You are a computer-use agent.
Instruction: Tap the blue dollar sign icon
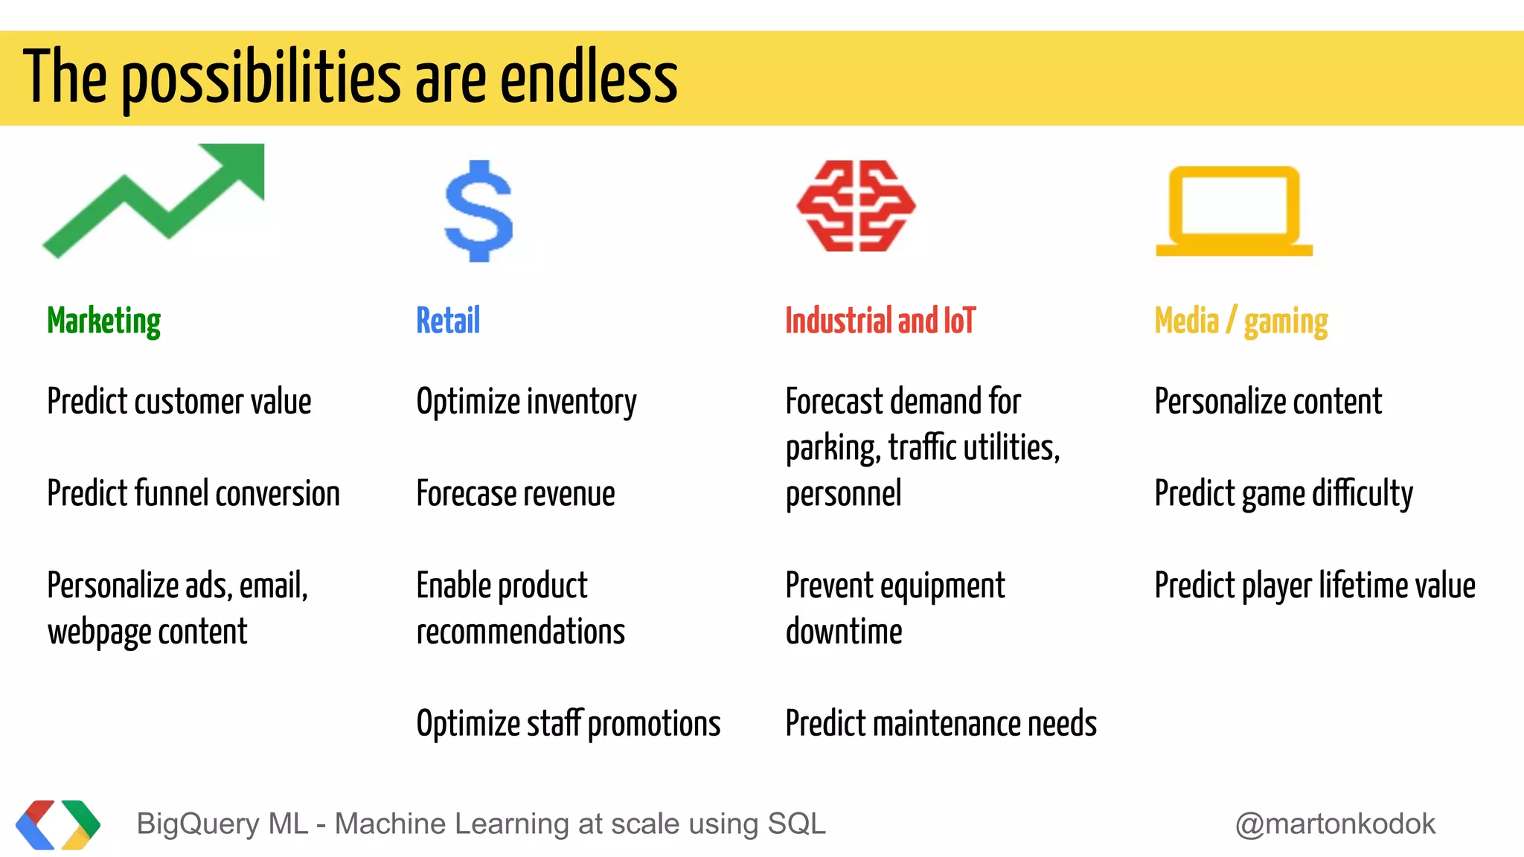point(478,211)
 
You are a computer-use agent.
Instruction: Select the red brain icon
point(856,206)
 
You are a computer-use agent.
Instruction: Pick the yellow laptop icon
point(1234,211)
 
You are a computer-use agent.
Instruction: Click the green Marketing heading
point(103,321)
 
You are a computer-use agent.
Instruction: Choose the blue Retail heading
point(448,321)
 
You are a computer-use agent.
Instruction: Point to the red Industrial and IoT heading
point(880,321)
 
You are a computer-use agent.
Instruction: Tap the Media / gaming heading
point(1240,321)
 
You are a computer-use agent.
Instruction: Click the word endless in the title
point(589,77)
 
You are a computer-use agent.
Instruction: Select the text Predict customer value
point(179,402)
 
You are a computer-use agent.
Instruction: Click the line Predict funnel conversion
point(193,493)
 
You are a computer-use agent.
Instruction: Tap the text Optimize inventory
point(526,402)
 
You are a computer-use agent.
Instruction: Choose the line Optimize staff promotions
point(569,724)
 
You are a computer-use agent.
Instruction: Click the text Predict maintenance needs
point(941,724)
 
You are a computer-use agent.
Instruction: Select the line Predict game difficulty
point(1284,493)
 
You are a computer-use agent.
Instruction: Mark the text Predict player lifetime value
point(1315,585)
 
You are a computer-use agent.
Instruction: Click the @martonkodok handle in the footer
point(1335,824)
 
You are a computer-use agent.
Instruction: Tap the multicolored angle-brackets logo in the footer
point(58,824)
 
